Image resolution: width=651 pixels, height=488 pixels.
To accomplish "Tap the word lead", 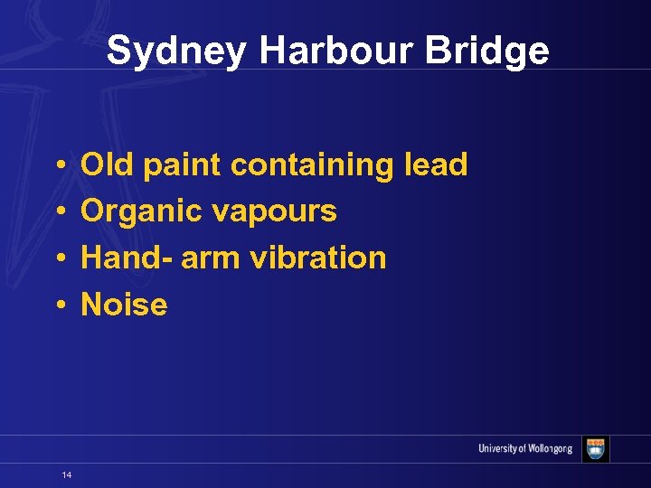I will [x=436, y=164].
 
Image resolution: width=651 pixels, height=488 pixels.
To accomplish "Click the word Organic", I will [x=141, y=211].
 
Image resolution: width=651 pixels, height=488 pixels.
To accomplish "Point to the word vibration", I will [x=317, y=258].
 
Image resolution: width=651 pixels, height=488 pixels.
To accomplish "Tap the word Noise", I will [x=124, y=305].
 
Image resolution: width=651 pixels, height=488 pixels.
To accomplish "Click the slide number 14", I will [x=67, y=474].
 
